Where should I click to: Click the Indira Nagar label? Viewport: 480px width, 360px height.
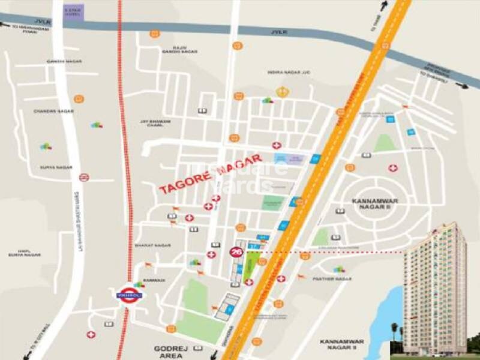[x=283, y=72]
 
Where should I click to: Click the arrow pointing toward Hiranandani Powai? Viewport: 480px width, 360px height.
[x=7, y=25]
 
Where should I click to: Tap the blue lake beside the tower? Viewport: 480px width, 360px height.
[x=393, y=312]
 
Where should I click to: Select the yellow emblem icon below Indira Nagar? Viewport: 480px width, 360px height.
[x=281, y=91]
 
